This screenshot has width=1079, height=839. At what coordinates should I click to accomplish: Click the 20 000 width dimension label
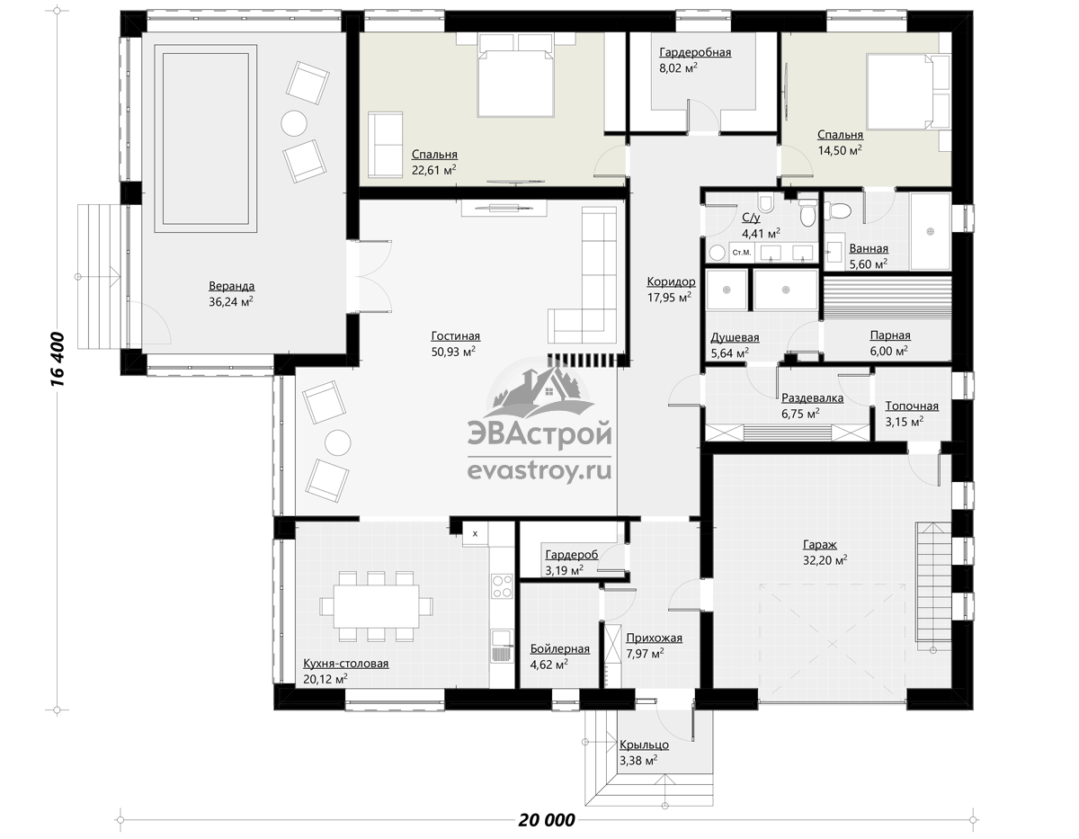tap(546, 819)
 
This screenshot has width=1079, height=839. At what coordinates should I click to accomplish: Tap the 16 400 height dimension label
tap(58, 360)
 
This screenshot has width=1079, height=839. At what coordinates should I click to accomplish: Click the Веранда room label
tap(231, 286)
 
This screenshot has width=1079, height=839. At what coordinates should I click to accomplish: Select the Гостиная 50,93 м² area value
tap(453, 352)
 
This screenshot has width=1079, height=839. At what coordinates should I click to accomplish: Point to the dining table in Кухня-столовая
tap(376, 606)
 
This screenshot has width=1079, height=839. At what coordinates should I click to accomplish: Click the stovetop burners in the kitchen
tap(502, 585)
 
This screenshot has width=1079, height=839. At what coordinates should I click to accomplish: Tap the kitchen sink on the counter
tap(502, 646)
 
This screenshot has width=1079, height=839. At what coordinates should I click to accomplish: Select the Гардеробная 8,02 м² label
tap(695, 59)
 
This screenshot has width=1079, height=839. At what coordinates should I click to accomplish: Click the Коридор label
tap(671, 281)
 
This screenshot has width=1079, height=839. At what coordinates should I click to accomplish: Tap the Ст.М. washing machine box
tap(741, 252)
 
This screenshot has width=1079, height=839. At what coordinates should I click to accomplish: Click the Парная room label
tap(890, 335)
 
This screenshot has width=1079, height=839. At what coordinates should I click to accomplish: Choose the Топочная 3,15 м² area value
tap(905, 422)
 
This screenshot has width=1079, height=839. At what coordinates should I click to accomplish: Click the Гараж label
tap(820, 544)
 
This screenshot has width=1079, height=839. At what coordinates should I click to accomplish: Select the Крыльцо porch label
tap(644, 745)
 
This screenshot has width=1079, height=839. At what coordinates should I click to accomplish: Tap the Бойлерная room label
tap(559, 648)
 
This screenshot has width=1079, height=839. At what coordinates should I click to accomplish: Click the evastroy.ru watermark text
tap(539, 471)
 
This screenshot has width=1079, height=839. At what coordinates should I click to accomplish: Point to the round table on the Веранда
tap(294, 123)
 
